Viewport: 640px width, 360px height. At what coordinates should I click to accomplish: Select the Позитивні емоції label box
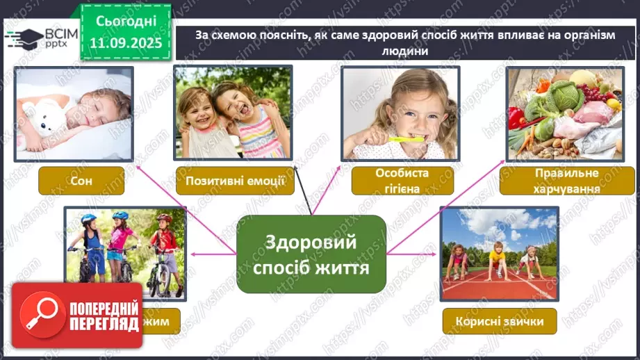pyautogui.click(x=233, y=181)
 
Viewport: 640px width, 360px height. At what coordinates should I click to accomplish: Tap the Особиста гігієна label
pyautogui.click(x=402, y=180)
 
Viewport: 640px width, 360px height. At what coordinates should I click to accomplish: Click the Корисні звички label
pyautogui.click(x=499, y=321)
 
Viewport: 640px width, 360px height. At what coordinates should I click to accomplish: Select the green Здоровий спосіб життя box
pyautogui.click(x=311, y=254)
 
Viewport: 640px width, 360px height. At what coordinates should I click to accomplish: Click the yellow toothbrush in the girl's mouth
pyautogui.click(x=406, y=139)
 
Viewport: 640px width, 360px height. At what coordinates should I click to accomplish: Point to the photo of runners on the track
pyautogui.click(x=499, y=254)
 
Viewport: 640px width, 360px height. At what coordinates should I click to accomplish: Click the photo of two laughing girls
pyautogui.click(x=233, y=113)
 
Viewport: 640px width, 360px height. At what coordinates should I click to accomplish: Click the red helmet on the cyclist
pyautogui.click(x=163, y=218)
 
